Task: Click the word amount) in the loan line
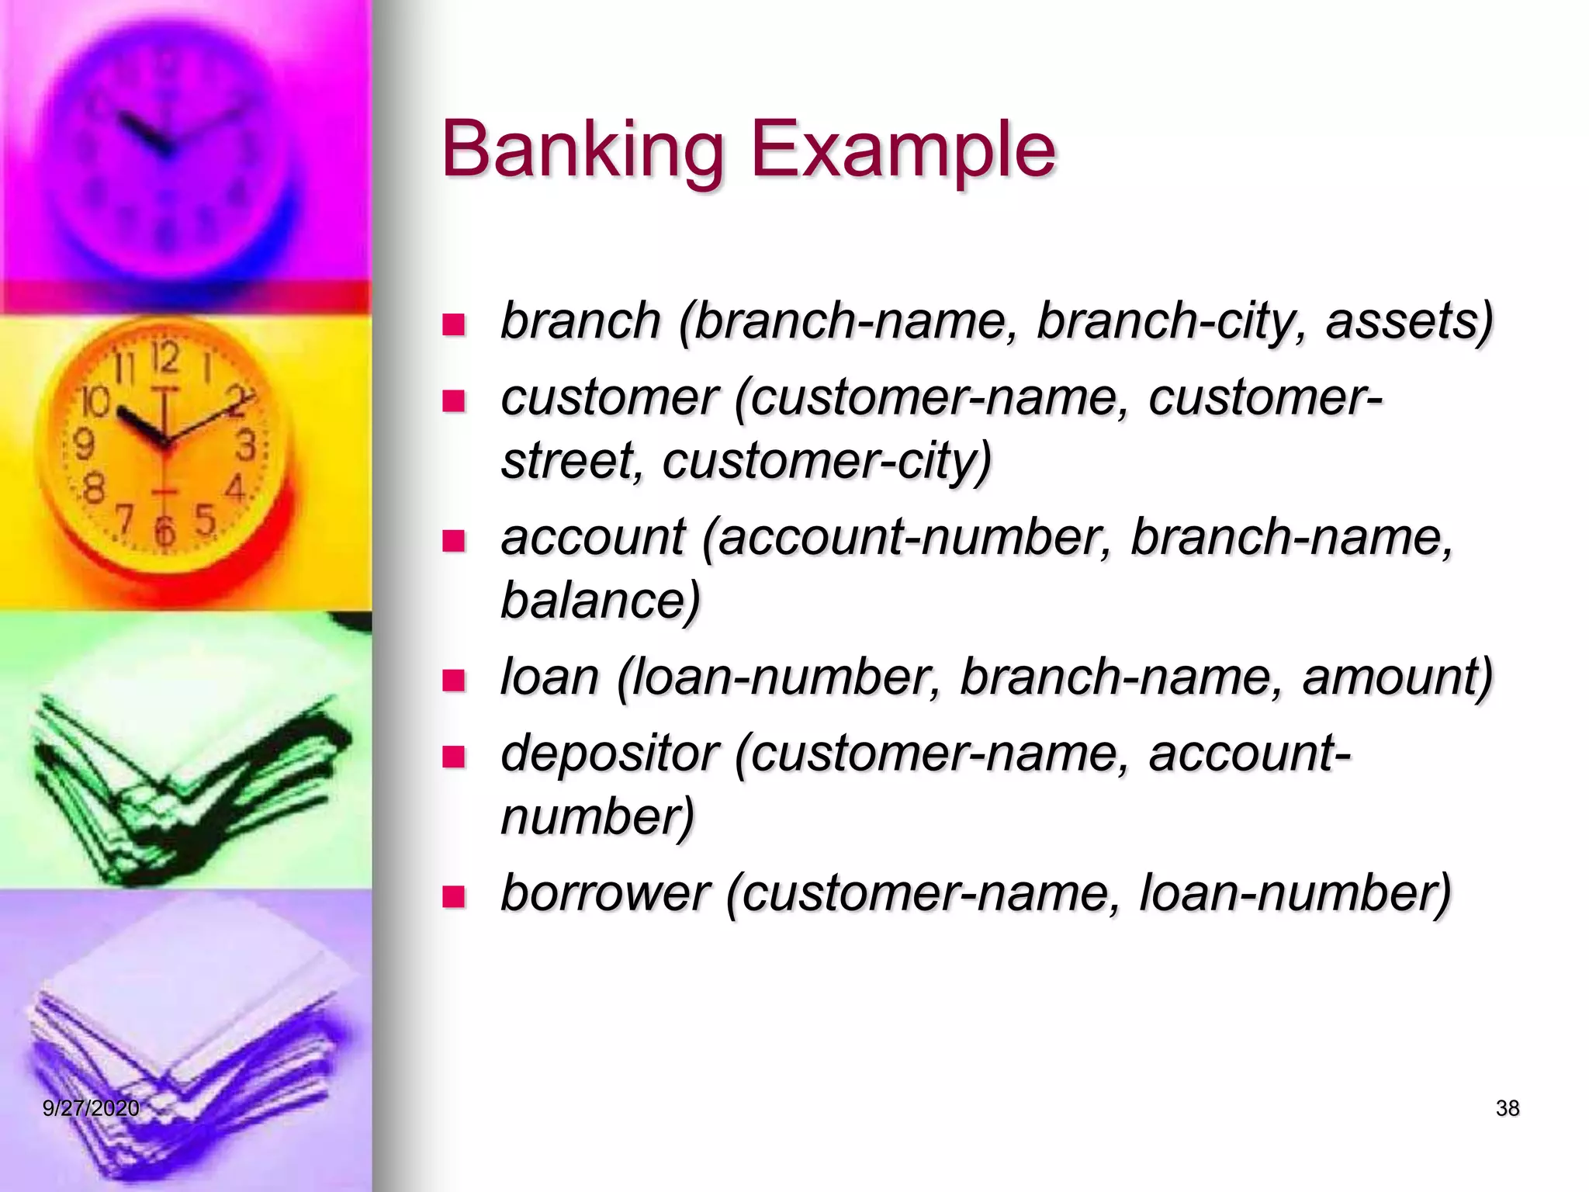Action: [1397, 677]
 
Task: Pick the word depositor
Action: [609, 754]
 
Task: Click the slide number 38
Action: [1507, 1108]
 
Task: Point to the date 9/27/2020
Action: [91, 1108]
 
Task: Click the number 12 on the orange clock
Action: [164, 359]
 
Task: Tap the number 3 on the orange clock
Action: [246, 446]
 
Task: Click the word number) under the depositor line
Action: [597, 816]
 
